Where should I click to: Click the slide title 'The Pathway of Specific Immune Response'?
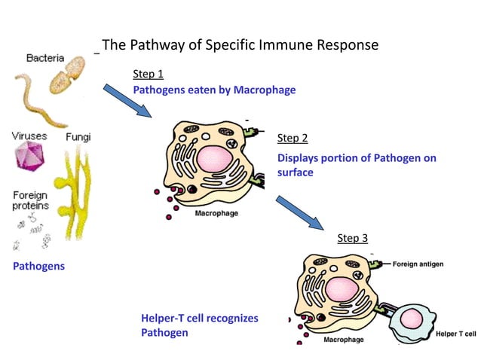[x=240, y=45]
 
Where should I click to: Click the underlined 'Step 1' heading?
[x=148, y=74]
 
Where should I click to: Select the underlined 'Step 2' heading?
[x=293, y=138]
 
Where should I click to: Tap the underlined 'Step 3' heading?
[x=352, y=238]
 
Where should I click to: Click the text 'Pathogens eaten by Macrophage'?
[x=214, y=90]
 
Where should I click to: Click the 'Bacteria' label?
[x=44, y=58]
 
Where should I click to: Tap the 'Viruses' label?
[x=29, y=136]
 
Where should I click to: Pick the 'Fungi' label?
[x=78, y=137]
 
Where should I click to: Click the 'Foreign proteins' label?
[x=30, y=200]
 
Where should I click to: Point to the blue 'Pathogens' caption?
[x=38, y=266]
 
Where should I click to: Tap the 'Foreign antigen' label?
[x=418, y=264]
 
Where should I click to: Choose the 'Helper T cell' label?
[x=456, y=333]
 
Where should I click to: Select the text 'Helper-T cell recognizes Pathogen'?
[x=199, y=325]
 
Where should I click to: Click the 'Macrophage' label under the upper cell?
[x=216, y=214]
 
